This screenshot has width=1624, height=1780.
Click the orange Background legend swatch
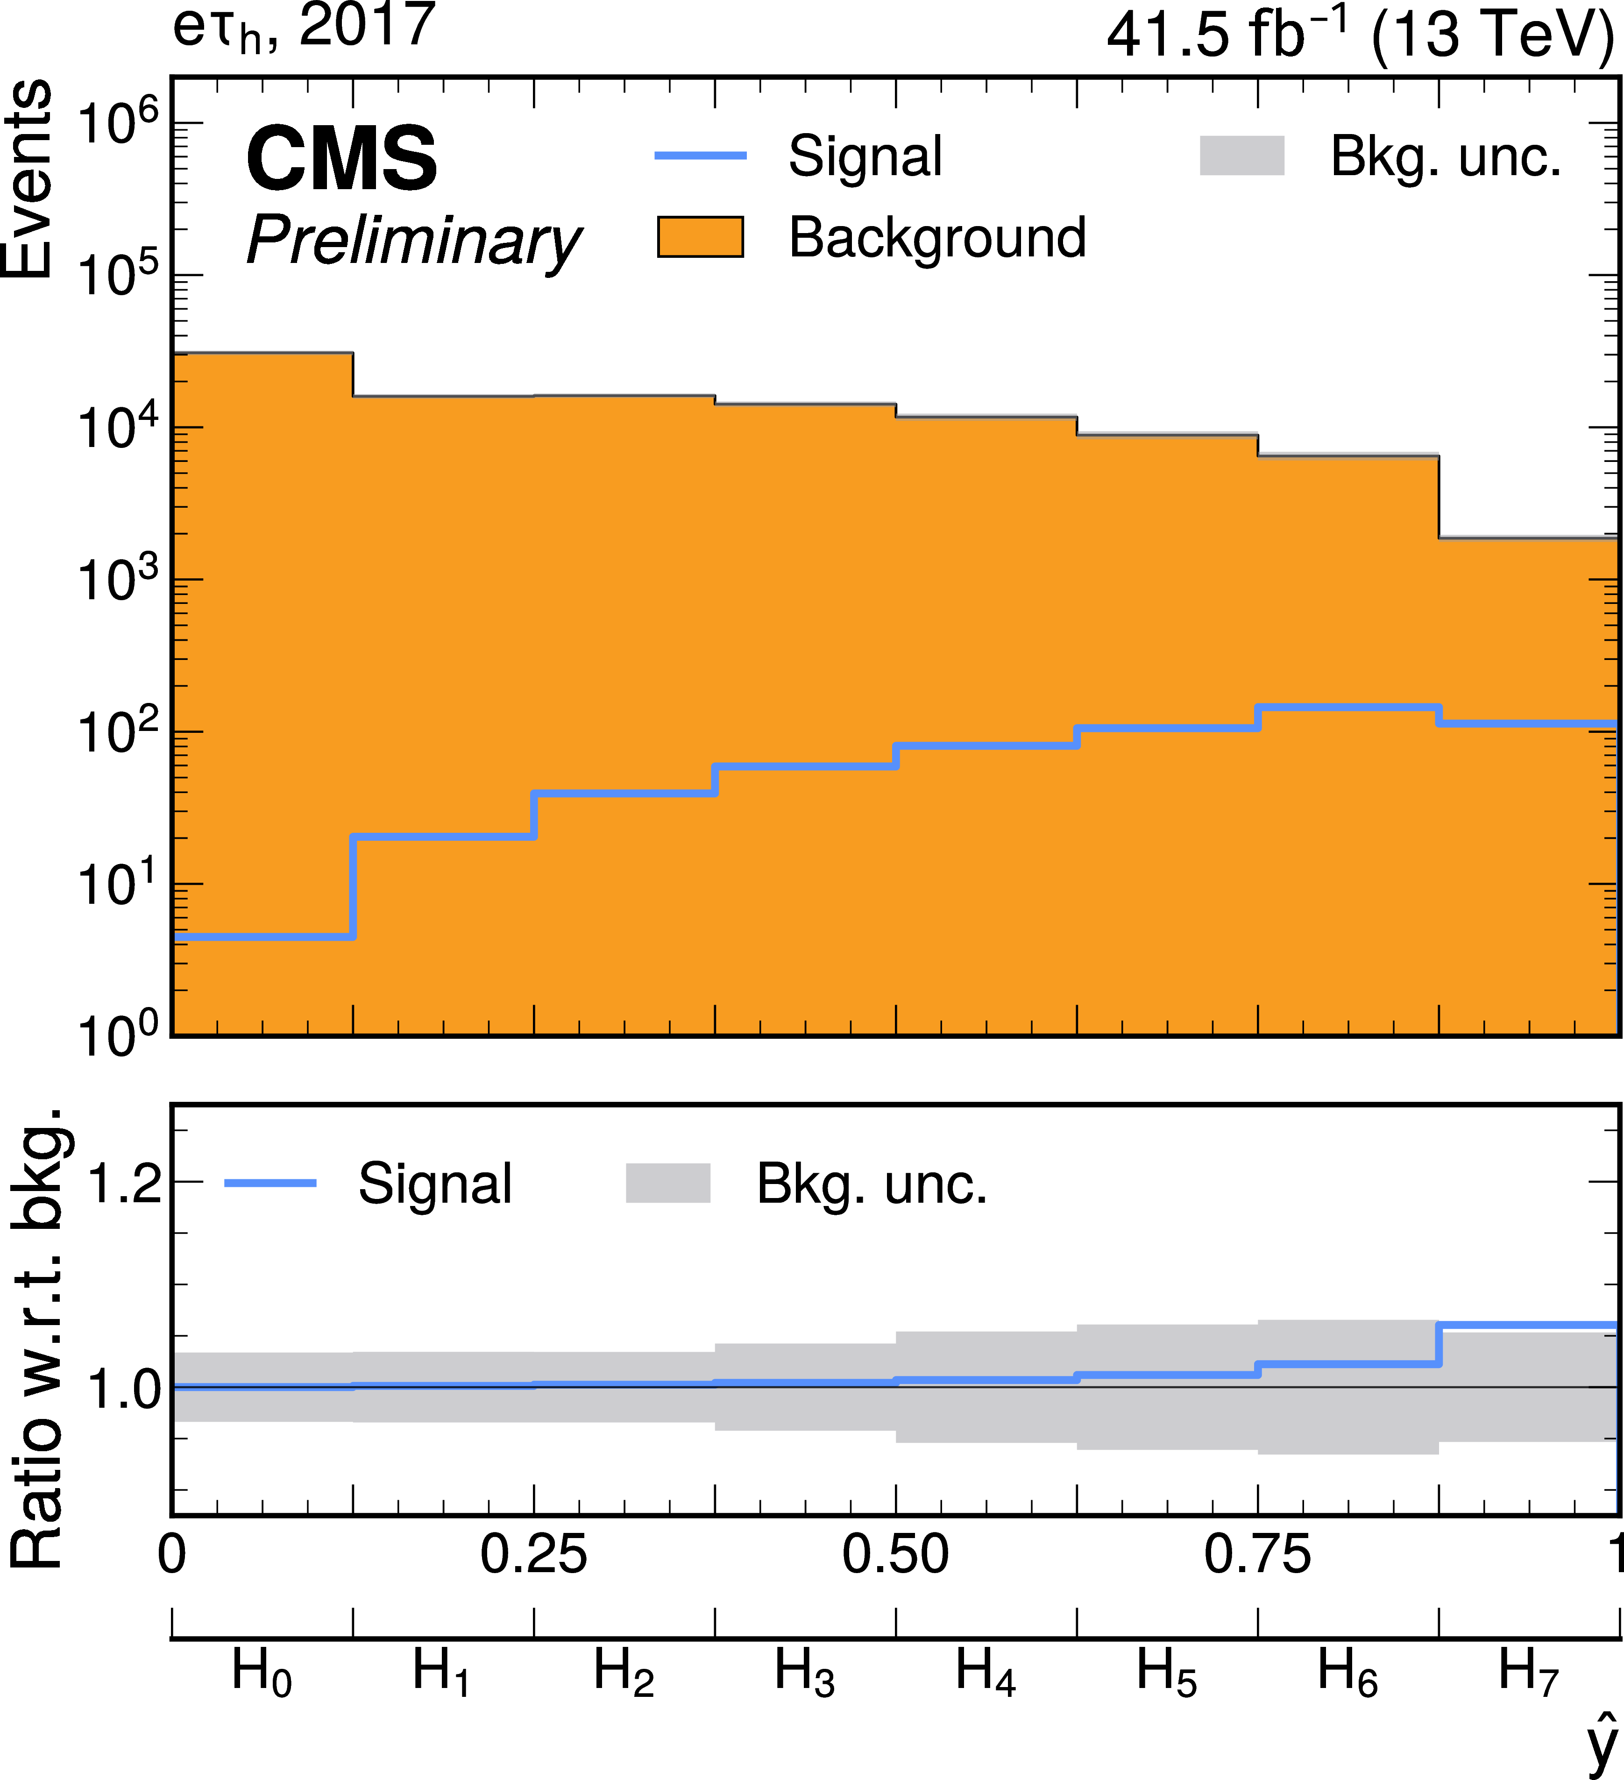700,237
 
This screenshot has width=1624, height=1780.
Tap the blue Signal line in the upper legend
700,156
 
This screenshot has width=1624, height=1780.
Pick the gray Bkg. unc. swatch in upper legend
1241,156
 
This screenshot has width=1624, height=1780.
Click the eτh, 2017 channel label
304,28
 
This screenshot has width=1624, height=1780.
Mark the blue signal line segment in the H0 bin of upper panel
263,937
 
